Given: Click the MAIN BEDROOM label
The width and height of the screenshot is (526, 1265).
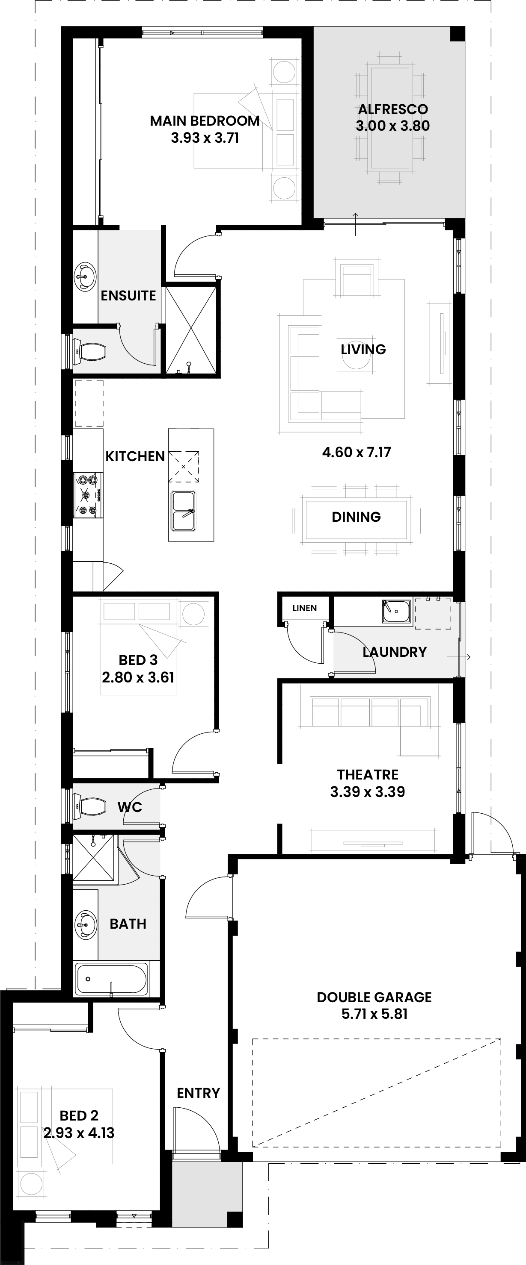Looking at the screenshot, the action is (x=205, y=121).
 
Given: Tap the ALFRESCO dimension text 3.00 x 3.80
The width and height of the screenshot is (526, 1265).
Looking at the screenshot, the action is (x=393, y=126).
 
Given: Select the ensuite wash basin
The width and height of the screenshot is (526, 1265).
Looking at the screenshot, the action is (x=85, y=277).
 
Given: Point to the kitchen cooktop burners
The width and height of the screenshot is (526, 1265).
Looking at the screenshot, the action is (x=89, y=494).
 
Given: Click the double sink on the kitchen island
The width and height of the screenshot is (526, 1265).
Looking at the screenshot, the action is (x=183, y=511).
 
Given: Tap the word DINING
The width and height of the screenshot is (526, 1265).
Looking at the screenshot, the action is (x=357, y=517).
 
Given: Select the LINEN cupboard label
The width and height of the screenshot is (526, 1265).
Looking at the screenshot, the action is (x=304, y=608).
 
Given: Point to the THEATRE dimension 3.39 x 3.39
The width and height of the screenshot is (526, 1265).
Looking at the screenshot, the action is (x=368, y=791).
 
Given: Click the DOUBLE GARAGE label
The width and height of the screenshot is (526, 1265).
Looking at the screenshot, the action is (x=374, y=997).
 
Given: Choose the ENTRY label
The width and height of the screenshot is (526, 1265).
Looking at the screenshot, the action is (x=198, y=1093).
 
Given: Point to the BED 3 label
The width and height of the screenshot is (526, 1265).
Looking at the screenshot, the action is (x=138, y=660).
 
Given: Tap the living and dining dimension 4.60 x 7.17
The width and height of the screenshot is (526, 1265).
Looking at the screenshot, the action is (x=357, y=452).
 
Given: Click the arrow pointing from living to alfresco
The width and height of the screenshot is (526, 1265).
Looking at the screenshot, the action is (x=355, y=224).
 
